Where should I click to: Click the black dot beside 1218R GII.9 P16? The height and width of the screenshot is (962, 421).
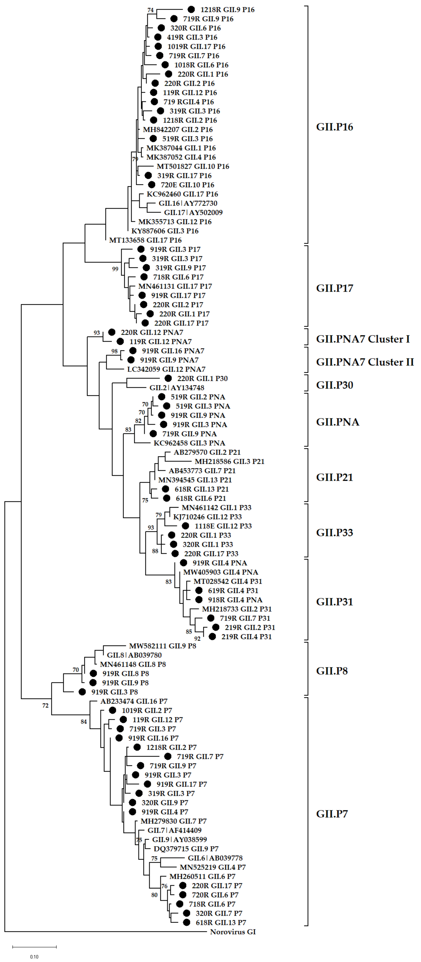[x=191, y=9]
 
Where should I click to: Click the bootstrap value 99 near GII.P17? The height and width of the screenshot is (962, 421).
[x=115, y=269]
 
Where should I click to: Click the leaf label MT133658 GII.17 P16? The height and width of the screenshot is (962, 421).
[x=145, y=240]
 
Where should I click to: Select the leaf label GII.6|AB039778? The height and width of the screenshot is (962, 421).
[x=215, y=858]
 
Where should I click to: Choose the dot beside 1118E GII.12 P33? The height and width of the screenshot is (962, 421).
[x=186, y=526]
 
